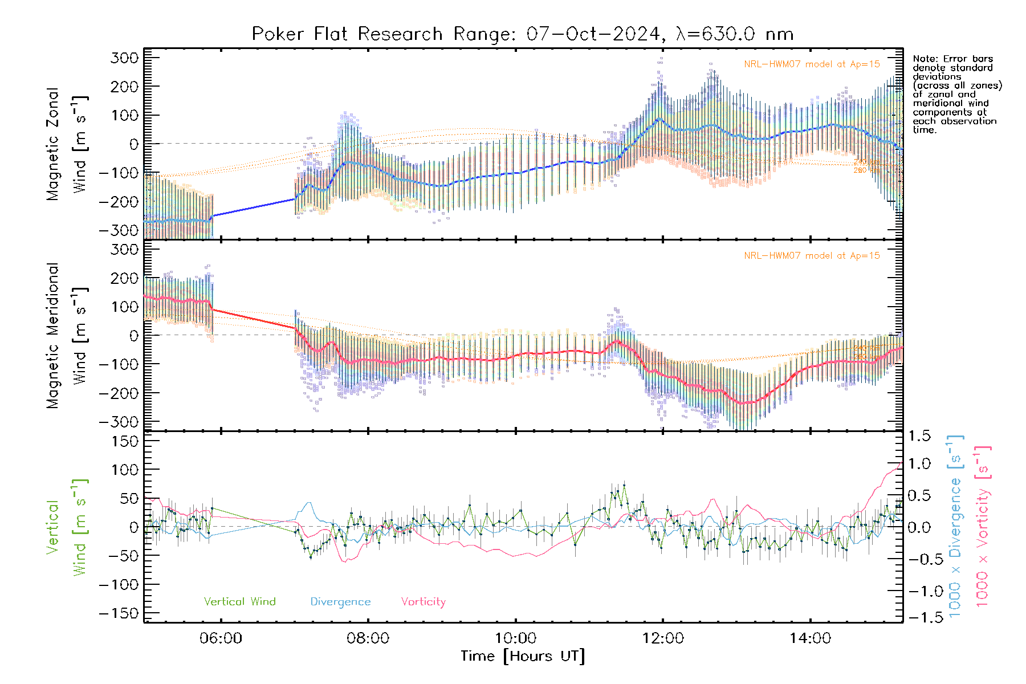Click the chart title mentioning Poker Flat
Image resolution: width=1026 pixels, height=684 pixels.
[x=522, y=34]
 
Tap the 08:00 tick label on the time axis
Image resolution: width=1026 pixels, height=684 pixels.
[x=368, y=638]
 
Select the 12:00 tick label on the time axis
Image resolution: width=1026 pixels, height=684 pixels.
[x=663, y=638]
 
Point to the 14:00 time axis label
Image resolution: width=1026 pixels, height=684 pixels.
[x=810, y=638]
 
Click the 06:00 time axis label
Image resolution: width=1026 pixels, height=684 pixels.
[x=221, y=638]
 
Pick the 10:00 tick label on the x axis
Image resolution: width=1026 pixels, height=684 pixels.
[x=515, y=638]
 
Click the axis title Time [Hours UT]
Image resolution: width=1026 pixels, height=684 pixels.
[x=523, y=656]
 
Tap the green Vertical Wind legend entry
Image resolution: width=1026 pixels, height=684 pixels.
[x=239, y=602]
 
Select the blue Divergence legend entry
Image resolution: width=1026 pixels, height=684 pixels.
[x=340, y=602]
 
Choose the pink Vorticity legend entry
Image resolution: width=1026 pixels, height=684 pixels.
[x=423, y=602]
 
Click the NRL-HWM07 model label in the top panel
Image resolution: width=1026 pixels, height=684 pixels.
[x=812, y=64]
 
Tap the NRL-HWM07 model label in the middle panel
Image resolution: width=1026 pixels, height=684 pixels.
[x=812, y=256]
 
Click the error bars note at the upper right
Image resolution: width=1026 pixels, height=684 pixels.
[x=956, y=94]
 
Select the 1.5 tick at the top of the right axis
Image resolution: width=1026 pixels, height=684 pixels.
[x=919, y=436]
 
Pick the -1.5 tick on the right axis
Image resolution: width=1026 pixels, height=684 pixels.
[x=919, y=617]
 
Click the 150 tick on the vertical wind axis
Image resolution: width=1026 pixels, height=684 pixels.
[x=125, y=441]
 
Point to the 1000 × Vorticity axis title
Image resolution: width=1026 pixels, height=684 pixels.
[x=983, y=526]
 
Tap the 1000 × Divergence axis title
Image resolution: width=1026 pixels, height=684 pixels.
[x=955, y=526]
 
